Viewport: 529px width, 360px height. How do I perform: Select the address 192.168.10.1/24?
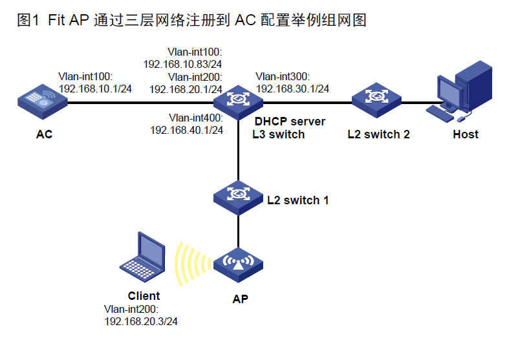coord(96,87)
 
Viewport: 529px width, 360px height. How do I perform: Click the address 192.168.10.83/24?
coord(183,64)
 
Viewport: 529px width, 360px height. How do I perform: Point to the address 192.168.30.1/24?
coord(293,88)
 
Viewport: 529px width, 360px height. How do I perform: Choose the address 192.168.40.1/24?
coord(187,130)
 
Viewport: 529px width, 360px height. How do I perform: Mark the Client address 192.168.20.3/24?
coord(141,321)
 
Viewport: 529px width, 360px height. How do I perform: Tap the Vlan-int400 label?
coord(196,118)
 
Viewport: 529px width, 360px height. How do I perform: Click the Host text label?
coord(466,134)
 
